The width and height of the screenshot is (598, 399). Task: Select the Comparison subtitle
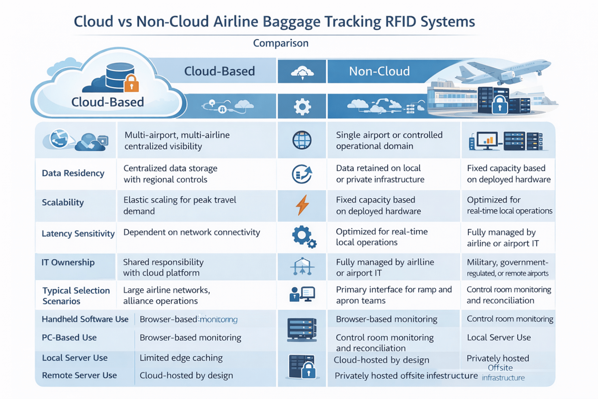(x=281, y=43)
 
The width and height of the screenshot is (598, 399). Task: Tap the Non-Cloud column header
(x=379, y=71)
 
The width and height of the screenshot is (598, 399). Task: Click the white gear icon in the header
(x=302, y=107)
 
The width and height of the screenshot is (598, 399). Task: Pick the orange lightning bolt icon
(x=302, y=205)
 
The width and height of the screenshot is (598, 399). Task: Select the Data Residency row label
(x=73, y=173)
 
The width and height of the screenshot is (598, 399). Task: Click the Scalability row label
(x=63, y=202)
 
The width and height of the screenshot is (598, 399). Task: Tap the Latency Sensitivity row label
(x=78, y=234)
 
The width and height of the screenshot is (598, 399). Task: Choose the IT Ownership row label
(x=68, y=262)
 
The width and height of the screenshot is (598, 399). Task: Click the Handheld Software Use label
(x=85, y=319)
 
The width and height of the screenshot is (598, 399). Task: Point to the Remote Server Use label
(x=79, y=375)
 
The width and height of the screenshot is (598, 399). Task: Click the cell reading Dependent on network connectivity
(x=191, y=232)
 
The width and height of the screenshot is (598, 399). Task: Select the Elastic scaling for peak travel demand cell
(x=180, y=205)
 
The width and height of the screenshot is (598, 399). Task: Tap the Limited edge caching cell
(x=181, y=358)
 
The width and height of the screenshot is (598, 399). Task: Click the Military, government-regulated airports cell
(x=507, y=268)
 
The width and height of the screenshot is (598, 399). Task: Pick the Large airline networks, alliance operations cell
(x=166, y=295)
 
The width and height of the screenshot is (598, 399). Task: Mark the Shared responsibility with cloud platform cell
(x=163, y=267)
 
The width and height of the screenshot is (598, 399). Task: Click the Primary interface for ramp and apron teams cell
(x=393, y=295)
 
